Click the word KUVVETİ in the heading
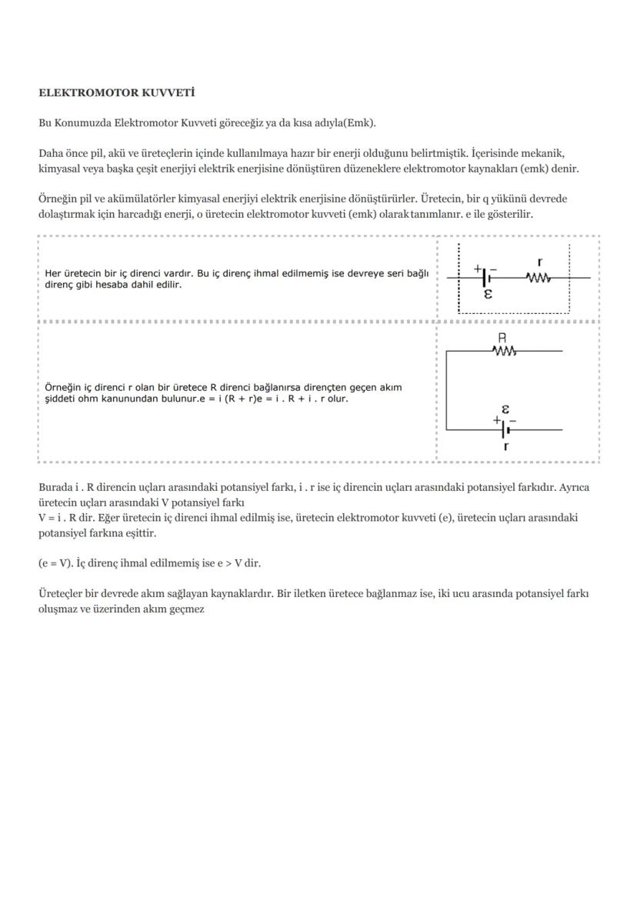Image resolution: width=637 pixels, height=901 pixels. tap(168, 93)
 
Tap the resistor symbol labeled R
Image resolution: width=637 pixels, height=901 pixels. tap(504, 352)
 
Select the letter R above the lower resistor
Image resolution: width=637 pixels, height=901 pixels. tap(502, 338)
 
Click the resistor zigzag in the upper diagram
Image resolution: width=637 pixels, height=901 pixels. tap(539, 277)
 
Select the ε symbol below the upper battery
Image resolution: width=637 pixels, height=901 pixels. tap(488, 294)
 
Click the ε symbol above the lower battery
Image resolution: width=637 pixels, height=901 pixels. tap(505, 409)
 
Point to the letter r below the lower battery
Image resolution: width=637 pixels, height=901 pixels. tap(505, 445)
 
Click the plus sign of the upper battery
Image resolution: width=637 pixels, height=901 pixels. tap(477, 268)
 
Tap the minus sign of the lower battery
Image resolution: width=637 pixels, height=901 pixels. tap(513, 421)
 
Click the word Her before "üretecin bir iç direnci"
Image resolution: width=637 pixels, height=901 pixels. tap(52, 273)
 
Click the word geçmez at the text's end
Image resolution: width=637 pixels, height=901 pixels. tap(186, 609)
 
